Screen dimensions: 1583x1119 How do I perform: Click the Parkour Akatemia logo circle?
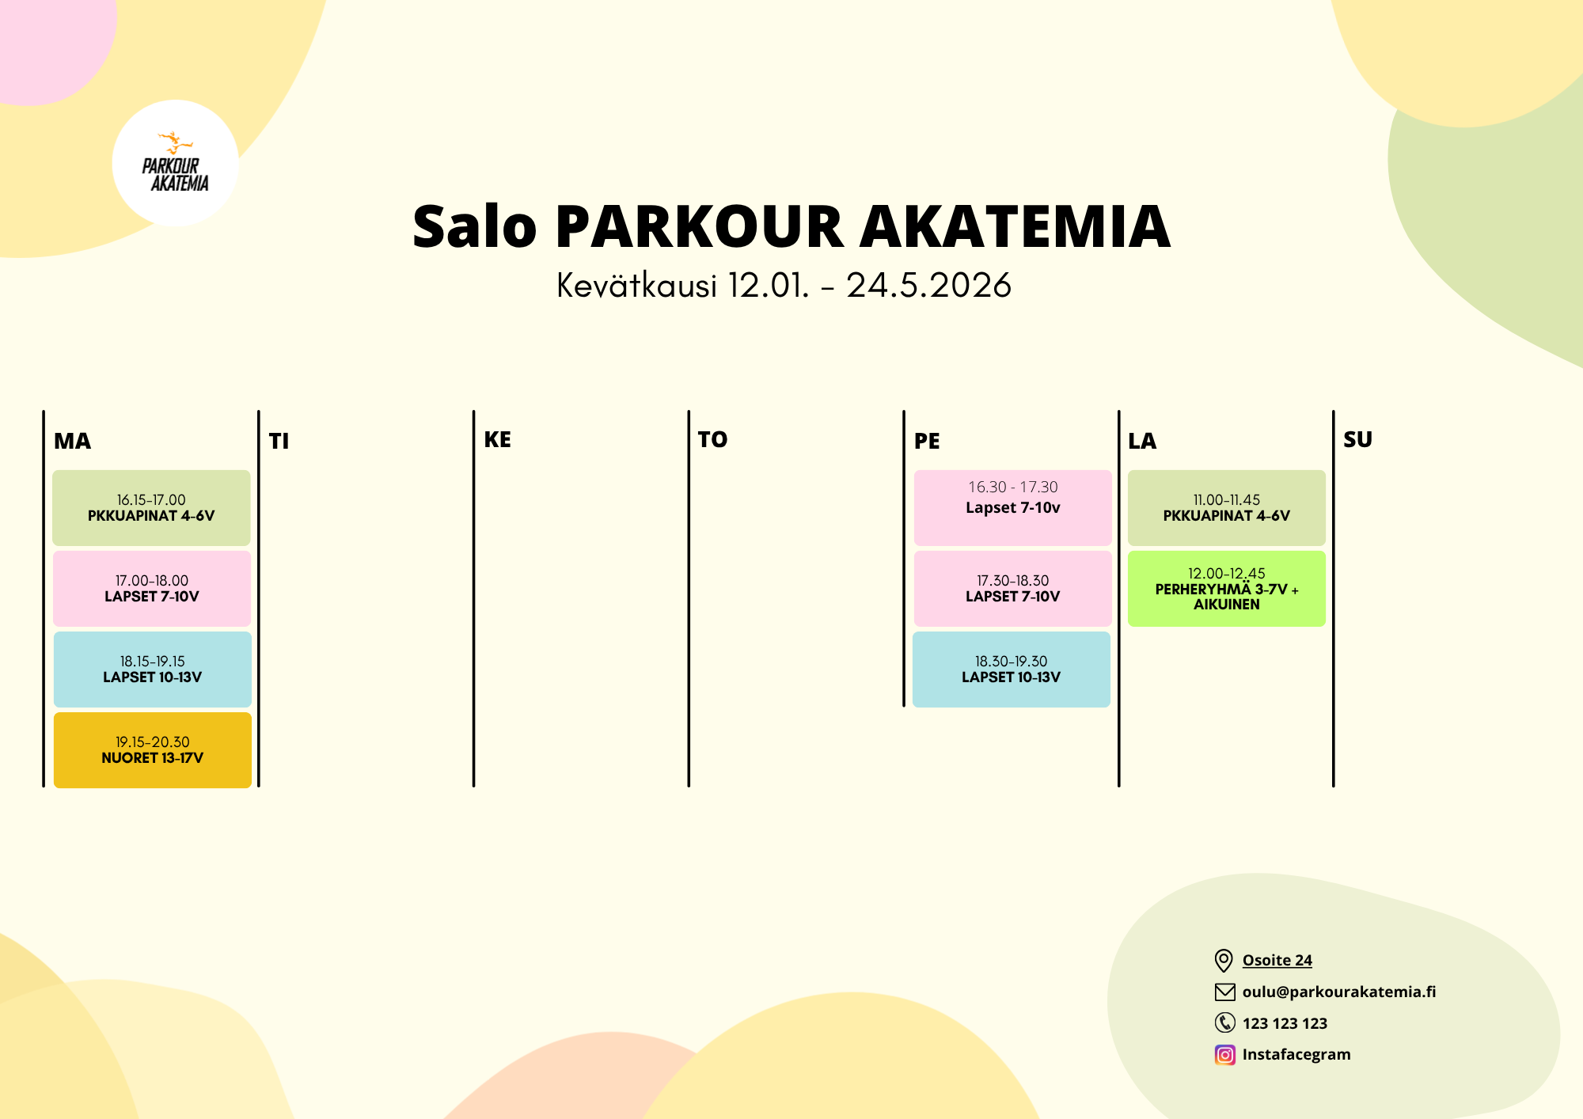pyautogui.click(x=175, y=163)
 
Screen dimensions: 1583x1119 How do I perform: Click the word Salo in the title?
pyautogui.click(x=474, y=227)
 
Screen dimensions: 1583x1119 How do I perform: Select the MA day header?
pyautogui.click(x=72, y=441)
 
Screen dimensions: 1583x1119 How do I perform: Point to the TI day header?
pyautogui.click(x=279, y=441)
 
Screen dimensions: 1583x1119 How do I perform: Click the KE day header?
pyautogui.click(x=497, y=439)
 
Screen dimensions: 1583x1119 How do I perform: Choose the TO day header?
pyautogui.click(x=712, y=439)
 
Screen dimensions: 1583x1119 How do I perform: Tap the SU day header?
pyautogui.click(x=1357, y=439)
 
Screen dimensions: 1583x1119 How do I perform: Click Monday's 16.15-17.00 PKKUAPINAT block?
pyautogui.click(x=151, y=508)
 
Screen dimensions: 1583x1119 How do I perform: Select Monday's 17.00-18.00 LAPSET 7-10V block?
pyautogui.click(x=152, y=589)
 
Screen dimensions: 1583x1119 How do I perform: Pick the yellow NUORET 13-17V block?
pyautogui.click(x=153, y=750)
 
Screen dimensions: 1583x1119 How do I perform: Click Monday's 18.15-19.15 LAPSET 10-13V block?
pyautogui.click(x=153, y=670)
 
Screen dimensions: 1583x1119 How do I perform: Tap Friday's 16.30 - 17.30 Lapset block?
pyautogui.click(x=1013, y=508)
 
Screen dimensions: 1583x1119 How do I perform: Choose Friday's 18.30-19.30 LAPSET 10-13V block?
pyautogui.click(x=1012, y=670)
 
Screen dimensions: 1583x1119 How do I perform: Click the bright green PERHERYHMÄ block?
pyautogui.click(x=1227, y=589)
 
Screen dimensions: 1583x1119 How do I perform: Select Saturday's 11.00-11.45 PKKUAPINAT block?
pyautogui.click(x=1227, y=508)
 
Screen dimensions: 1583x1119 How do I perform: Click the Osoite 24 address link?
pyautogui.click(x=1277, y=960)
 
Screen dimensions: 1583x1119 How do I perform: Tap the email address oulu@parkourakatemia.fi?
pyautogui.click(x=1339, y=992)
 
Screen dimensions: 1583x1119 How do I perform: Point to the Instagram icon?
pyautogui.click(x=1224, y=1055)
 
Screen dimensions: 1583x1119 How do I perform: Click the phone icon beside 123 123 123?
pyautogui.click(x=1224, y=1023)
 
